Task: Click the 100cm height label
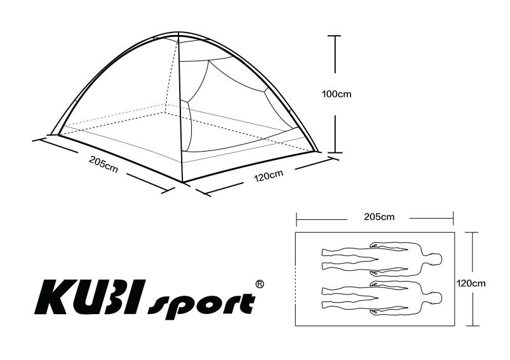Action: pyautogui.click(x=337, y=94)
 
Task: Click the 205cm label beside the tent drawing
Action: pyautogui.click(x=103, y=164)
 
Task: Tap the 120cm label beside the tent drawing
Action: pyautogui.click(x=268, y=176)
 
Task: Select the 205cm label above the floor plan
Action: pyautogui.click(x=379, y=217)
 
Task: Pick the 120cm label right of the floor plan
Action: pyautogui.click(x=470, y=284)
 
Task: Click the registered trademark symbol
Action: pyautogui.click(x=260, y=284)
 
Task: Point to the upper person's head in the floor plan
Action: pyautogui.click(x=435, y=259)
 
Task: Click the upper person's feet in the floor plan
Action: pyautogui.click(x=326, y=259)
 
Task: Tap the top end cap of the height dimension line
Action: pyautogui.click(x=335, y=36)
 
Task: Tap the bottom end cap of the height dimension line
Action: pyautogui.click(x=335, y=152)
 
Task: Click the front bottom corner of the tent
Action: pyautogui.click(x=183, y=182)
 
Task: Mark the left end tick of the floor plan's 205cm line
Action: pyautogui.click(x=296, y=219)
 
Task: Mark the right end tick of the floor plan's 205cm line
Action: pyautogui.click(x=453, y=218)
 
